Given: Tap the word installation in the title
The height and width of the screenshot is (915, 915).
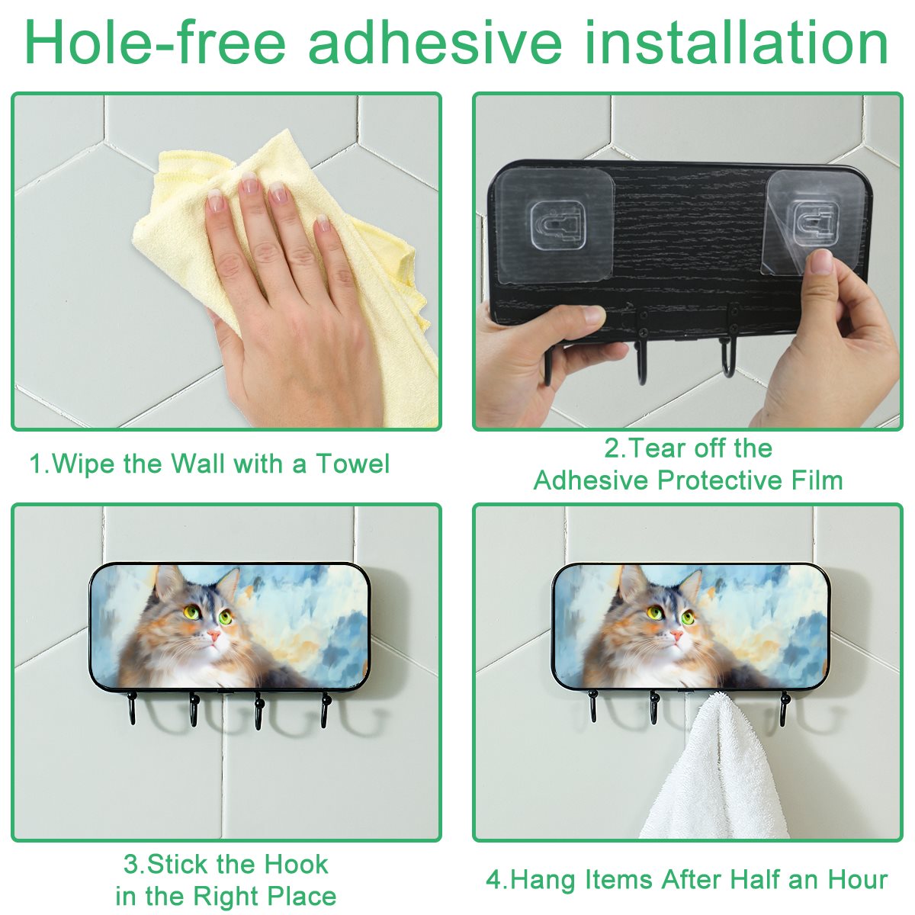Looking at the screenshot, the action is click(x=736, y=42).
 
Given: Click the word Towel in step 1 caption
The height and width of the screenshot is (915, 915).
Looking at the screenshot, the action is click(x=353, y=464).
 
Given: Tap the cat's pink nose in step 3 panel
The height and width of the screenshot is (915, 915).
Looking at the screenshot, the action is click(x=213, y=635).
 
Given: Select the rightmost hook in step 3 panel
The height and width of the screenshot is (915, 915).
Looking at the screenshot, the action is click(x=325, y=710).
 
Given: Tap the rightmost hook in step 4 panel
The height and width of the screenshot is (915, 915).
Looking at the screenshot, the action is click(x=784, y=709).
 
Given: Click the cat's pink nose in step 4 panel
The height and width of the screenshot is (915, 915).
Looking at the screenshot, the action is click(x=676, y=634).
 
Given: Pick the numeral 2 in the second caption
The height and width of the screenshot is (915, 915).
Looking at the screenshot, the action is click(x=611, y=448).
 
